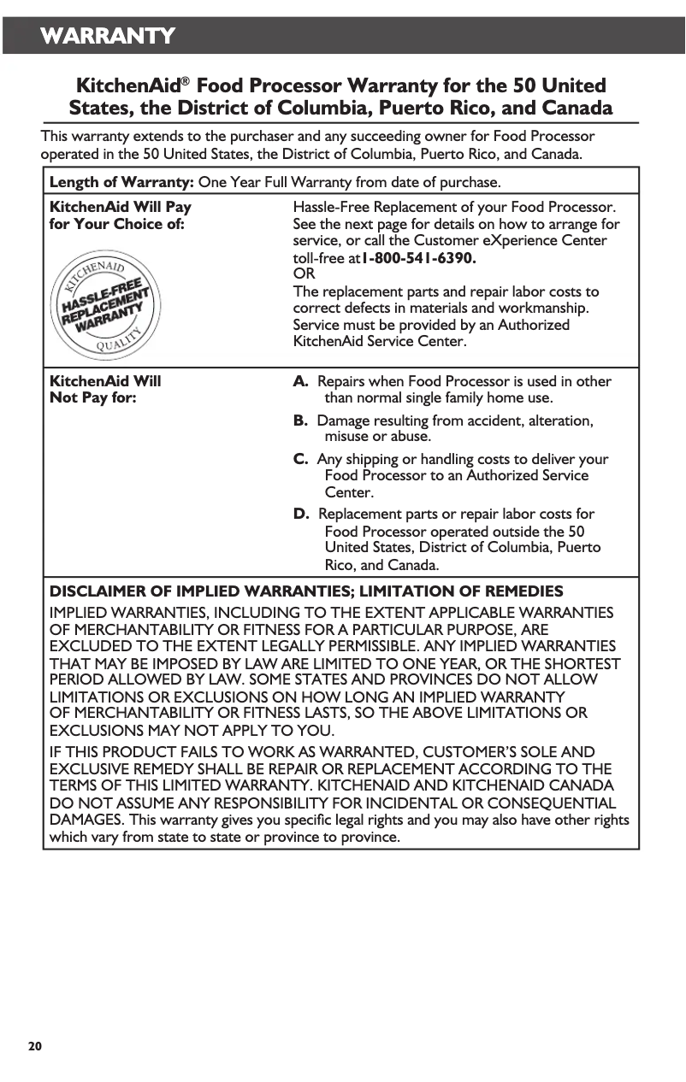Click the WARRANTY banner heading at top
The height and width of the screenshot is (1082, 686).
[108, 36]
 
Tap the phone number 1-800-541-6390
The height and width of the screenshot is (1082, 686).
[419, 257]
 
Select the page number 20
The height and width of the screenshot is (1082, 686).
[34, 1046]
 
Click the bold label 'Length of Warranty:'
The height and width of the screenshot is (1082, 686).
[122, 182]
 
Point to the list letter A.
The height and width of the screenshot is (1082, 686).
[301, 381]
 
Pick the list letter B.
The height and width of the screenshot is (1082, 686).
[301, 420]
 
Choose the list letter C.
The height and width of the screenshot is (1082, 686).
[301, 459]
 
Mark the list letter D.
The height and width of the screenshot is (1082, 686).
[301, 514]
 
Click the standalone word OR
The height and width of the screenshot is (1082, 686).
[304, 274]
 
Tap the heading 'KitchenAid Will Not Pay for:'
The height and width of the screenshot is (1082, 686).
[105, 390]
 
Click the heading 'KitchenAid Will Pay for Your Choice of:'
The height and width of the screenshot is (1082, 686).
[120, 215]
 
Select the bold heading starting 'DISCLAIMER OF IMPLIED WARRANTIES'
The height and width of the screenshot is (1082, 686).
[306, 591]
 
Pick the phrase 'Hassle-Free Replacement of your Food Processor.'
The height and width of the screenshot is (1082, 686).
[454, 207]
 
